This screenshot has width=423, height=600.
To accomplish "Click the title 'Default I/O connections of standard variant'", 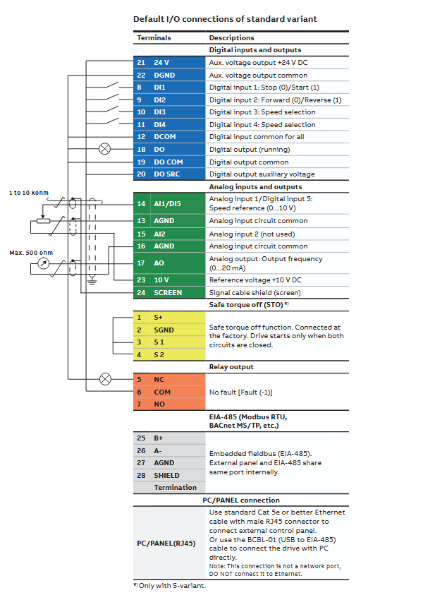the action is coord(225,19).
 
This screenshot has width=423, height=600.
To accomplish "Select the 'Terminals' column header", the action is coord(154,38).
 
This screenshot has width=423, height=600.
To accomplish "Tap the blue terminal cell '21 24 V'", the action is coord(169,62).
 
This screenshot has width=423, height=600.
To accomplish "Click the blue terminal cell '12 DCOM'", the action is coord(169,137).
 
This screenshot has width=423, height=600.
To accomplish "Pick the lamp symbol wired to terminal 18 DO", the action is coord(105,149).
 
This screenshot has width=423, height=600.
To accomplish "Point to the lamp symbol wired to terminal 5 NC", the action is coord(105,379).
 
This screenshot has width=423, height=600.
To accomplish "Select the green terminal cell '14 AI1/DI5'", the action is coord(169,203).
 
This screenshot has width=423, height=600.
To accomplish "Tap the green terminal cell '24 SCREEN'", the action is coord(169,293).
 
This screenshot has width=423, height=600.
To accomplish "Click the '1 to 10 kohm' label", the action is coord(29,193).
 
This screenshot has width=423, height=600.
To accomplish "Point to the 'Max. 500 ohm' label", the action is coord(31,253).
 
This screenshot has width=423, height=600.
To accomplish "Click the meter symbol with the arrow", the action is coord(44,263).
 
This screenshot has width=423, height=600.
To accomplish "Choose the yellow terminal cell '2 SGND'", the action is coord(169,330).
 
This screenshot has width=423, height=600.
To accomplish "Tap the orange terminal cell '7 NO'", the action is coord(169,404).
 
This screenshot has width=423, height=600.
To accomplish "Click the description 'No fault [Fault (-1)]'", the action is coord(240,392).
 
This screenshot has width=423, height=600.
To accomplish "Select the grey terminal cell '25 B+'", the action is coord(169,438).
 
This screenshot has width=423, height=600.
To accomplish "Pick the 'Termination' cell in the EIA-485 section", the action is coord(176,488).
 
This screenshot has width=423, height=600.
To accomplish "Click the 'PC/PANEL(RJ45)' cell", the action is coord(166,544).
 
